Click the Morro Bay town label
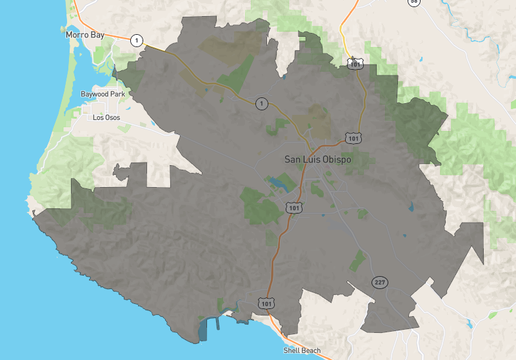85,34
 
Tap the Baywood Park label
103,94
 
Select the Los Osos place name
106,117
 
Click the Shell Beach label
302,351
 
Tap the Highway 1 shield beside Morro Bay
136,40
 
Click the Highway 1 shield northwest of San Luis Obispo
261,103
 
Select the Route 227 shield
379,283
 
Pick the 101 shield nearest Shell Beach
266,302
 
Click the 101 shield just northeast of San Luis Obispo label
352,138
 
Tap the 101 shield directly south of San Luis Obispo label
294,207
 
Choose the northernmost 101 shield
355,63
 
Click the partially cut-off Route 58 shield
413,2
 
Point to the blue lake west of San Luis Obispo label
279,183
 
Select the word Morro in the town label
77,34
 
